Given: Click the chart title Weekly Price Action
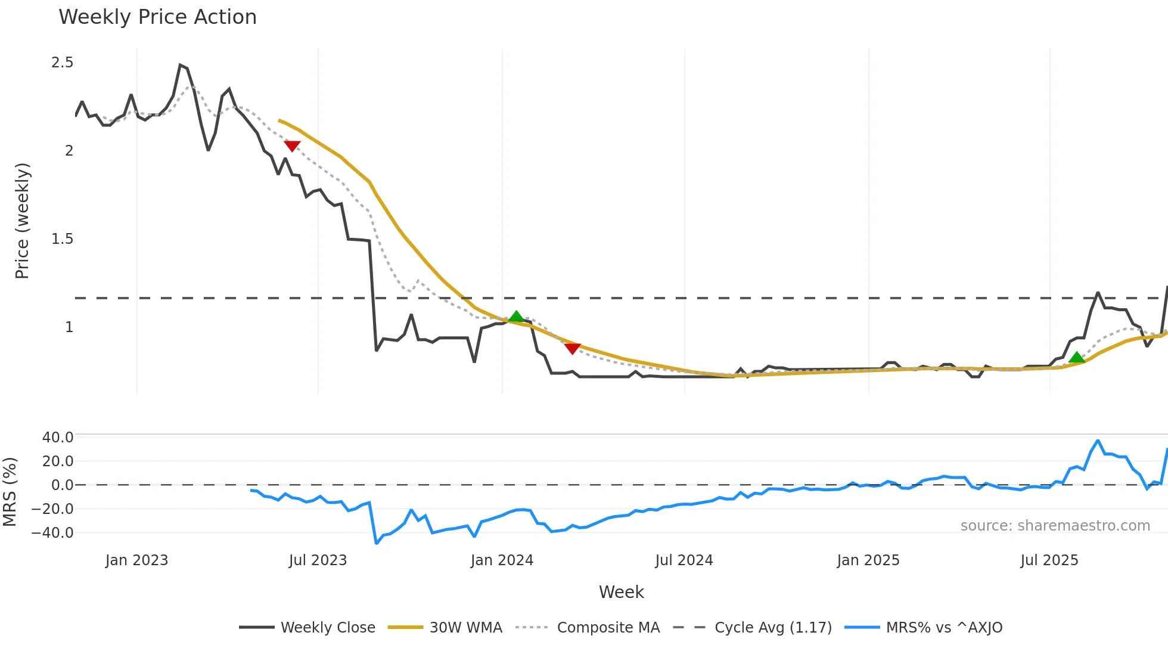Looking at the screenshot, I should [x=157, y=17].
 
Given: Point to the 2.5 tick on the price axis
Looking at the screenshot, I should [x=63, y=63].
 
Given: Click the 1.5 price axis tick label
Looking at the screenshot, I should [x=63, y=239].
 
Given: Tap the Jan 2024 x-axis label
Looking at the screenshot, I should [x=502, y=560].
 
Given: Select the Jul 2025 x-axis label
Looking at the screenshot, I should [x=1049, y=560].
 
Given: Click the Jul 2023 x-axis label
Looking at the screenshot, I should [x=318, y=560].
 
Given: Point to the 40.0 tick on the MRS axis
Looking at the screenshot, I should [x=58, y=437].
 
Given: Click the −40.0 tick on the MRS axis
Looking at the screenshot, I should [x=53, y=532].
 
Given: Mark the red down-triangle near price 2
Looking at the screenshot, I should [x=292, y=146].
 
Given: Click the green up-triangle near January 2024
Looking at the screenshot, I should [x=516, y=317].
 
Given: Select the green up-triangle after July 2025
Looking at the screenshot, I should [x=1076, y=358].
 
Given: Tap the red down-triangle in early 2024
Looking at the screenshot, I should [x=572, y=349].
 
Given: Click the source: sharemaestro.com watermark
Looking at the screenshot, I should [x=1055, y=526].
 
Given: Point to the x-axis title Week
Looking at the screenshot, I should [x=621, y=592].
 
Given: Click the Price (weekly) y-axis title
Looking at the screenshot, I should [x=22, y=221].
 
